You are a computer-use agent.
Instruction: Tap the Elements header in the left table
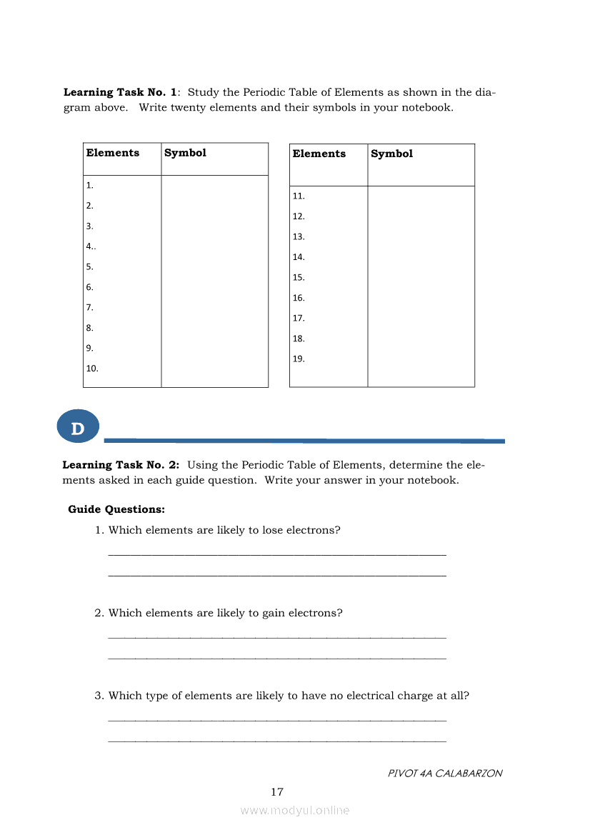pyautogui.click(x=113, y=153)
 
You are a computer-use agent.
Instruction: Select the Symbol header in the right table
pyautogui.click(x=391, y=154)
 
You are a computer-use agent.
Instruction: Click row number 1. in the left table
pyautogui.click(x=90, y=185)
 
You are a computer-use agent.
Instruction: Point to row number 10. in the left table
pyautogui.click(x=92, y=369)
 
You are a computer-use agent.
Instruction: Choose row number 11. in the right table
pyautogui.click(x=299, y=196)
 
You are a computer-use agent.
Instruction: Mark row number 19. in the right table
pyautogui.click(x=299, y=359)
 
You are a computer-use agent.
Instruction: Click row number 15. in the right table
pyautogui.click(x=299, y=277)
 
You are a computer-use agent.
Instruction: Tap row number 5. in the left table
pyautogui.click(x=90, y=266)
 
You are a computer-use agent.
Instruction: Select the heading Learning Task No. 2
pyautogui.click(x=121, y=465)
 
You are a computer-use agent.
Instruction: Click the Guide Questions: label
pyautogui.click(x=116, y=509)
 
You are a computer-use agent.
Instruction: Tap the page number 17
pyautogui.click(x=277, y=791)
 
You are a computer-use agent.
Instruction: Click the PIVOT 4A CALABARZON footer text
pyautogui.click(x=445, y=773)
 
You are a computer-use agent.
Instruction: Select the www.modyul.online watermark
pyautogui.click(x=295, y=810)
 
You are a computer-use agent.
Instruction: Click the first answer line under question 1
pyautogui.click(x=277, y=554)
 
